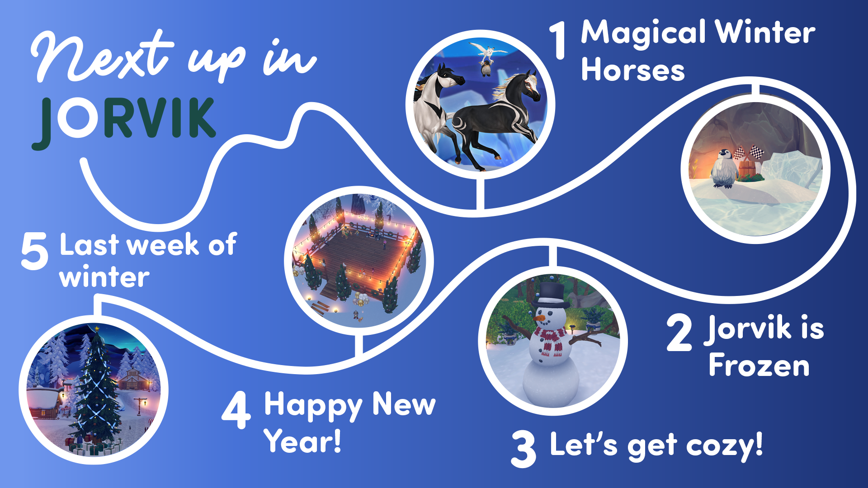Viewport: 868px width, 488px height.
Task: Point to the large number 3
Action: (x=524, y=449)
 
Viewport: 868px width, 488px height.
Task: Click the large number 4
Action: (x=236, y=410)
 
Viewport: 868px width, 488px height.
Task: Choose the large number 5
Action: (x=34, y=251)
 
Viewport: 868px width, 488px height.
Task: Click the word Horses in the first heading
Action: (x=633, y=70)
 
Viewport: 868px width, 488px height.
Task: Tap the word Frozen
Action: (x=759, y=365)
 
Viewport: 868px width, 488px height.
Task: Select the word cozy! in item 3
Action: (x=725, y=445)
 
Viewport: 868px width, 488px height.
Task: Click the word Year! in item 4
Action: (x=302, y=441)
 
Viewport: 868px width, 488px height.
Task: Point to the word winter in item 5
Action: (x=104, y=277)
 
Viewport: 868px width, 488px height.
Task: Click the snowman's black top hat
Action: (x=550, y=295)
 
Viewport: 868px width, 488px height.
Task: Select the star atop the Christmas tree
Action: (x=97, y=329)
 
